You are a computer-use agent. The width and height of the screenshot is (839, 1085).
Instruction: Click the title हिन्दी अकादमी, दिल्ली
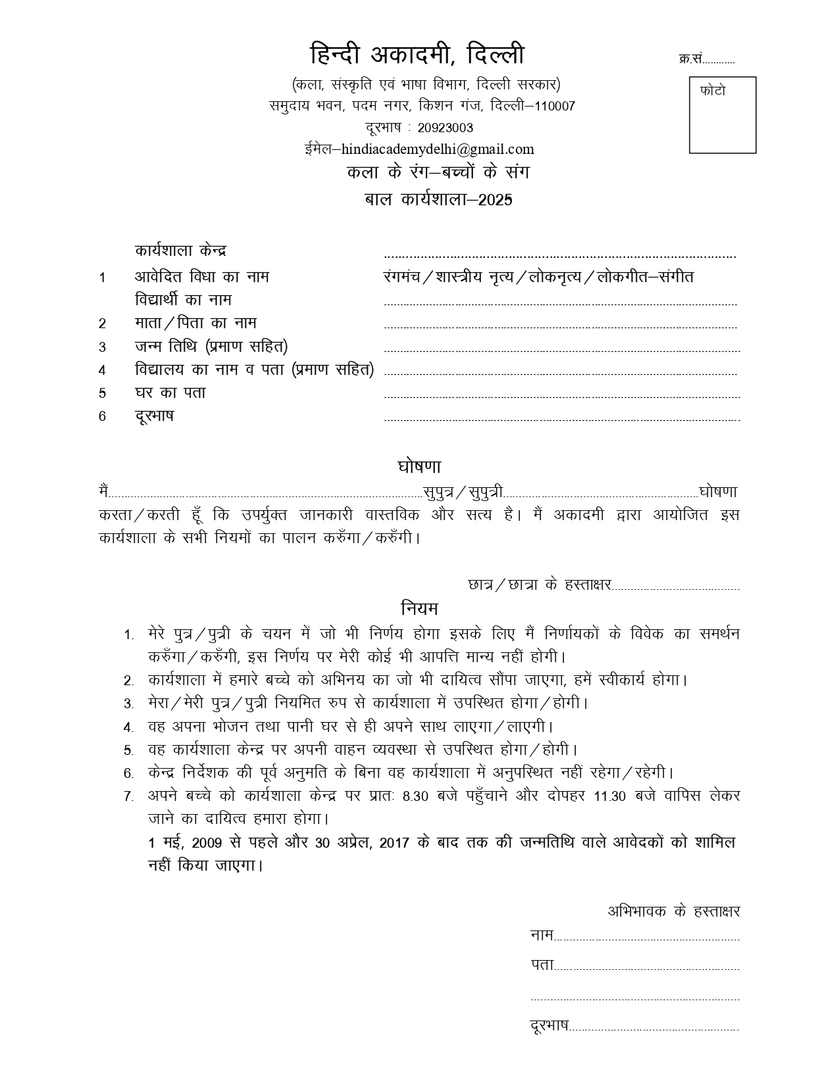(x=417, y=54)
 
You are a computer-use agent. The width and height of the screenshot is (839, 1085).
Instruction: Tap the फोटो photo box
(x=722, y=115)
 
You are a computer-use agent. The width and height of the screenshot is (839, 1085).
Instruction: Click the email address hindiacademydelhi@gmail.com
(x=438, y=149)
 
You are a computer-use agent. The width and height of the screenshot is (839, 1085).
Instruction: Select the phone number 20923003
(x=445, y=128)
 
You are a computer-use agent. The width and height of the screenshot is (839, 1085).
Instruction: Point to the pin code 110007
(x=555, y=106)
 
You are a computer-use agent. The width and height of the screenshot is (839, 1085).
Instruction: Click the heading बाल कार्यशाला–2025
(x=438, y=199)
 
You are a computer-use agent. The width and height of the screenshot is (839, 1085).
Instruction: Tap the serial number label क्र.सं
(x=690, y=59)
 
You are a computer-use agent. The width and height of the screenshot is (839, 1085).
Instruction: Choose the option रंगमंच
(x=401, y=277)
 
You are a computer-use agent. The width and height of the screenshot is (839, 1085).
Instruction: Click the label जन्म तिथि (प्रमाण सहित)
(x=211, y=346)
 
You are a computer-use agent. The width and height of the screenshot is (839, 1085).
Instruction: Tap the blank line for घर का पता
(x=561, y=397)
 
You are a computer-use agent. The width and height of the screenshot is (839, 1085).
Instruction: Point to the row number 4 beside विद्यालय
(x=102, y=370)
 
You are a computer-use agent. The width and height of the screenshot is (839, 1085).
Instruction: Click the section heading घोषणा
(x=419, y=467)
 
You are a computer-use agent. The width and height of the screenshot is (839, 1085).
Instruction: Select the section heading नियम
(x=419, y=608)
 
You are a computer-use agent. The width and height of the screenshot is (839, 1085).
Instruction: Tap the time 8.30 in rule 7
(x=415, y=796)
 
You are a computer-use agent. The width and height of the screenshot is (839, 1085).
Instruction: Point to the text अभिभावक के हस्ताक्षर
(x=673, y=911)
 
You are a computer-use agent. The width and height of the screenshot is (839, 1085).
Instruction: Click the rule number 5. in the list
(x=128, y=750)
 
